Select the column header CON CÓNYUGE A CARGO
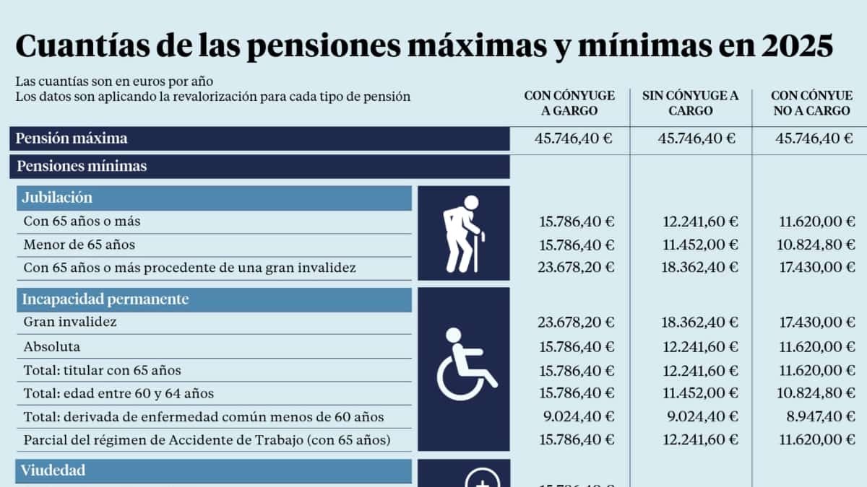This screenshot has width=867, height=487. tap(570, 103)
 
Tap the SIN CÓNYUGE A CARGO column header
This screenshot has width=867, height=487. tap(691, 103)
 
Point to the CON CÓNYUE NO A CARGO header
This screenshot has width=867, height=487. tap(810, 103)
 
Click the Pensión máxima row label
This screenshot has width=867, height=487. tap(72, 139)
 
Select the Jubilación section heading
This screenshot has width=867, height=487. tap(57, 198)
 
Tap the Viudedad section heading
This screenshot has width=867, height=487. tap(53, 470)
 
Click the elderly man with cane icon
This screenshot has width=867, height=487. tap(464, 233)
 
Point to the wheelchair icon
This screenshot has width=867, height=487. tap(464, 364)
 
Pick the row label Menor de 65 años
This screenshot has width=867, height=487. tap(79, 245)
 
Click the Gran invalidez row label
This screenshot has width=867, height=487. tap(70, 322)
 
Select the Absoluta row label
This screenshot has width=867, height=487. tap(51, 346)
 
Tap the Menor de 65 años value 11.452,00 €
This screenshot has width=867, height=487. tap(700, 245)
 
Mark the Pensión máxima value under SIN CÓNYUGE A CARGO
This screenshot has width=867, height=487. tap(696, 139)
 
